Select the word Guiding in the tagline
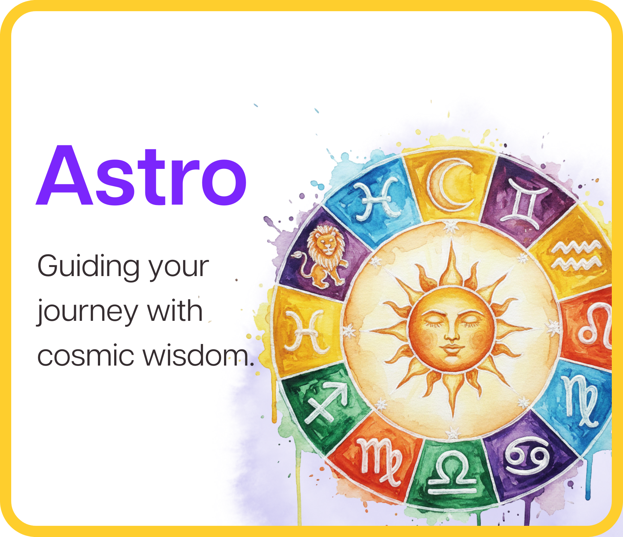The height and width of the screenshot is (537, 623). [x=89, y=267]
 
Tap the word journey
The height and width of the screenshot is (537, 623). [x=87, y=311]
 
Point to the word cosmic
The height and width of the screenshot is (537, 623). [x=85, y=355]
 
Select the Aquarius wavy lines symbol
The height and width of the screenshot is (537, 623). [x=576, y=256]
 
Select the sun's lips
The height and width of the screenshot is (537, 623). [x=451, y=349]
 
